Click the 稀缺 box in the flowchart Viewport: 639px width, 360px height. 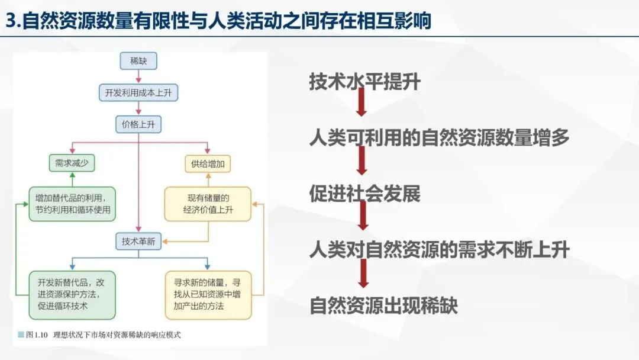(138, 60)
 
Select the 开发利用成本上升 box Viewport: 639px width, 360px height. (138, 92)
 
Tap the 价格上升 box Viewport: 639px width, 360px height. (138, 124)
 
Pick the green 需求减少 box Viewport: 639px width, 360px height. (72, 163)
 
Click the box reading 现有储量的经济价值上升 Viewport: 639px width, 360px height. (207, 204)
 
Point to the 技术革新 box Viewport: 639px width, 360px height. (138, 241)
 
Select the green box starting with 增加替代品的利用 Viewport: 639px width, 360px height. (72, 204)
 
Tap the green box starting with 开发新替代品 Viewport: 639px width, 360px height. (72, 295)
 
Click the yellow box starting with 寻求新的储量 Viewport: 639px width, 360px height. (207, 295)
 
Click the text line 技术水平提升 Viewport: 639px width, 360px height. (364, 82)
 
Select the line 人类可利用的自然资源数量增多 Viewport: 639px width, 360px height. (439, 138)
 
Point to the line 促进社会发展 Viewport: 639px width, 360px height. (364, 194)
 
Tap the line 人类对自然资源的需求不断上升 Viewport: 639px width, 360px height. (439, 249)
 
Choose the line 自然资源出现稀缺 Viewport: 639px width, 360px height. (383, 306)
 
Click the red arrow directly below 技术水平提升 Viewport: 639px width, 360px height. (362, 105)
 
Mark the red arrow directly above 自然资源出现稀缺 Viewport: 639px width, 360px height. (363, 274)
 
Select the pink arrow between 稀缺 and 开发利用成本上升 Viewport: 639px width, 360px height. (138, 76)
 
